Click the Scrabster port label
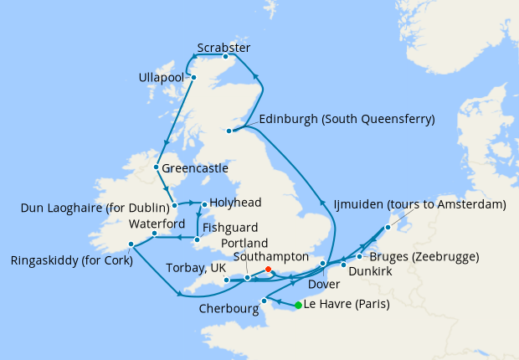pyautogui.click(x=224, y=47)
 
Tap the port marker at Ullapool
pyautogui.click(x=193, y=78)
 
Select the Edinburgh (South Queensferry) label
pyautogui.click(x=347, y=119)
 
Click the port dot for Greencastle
pyautogui.click(x=157, y=167)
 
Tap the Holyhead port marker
pyautogui.click(x=204, y=203)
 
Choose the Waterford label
pyautogui.click(x=157, y=224)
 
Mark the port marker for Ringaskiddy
pyautogui.click(x=131, y=244)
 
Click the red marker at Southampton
pyautogui.click(x=268, y=269)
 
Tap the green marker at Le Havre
pyautogui.click(x=298, y=305)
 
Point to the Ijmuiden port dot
pyautogui.click(x=388, y=227)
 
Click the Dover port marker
pyautogui.click(x=323, y=265)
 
